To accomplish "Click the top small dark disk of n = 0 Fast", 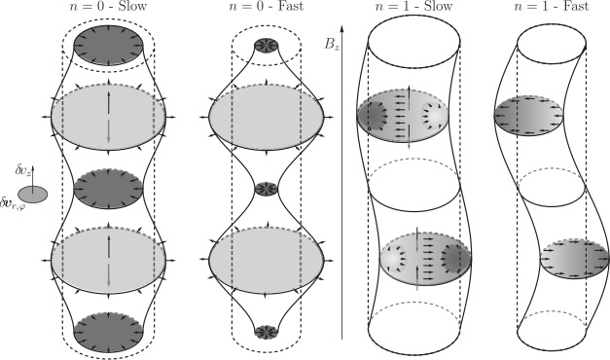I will coord(266,45).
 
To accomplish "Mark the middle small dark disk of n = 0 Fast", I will coord(266,187).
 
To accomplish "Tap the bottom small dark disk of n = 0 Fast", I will coord(266,331).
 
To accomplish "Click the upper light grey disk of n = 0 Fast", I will coord(266,115).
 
